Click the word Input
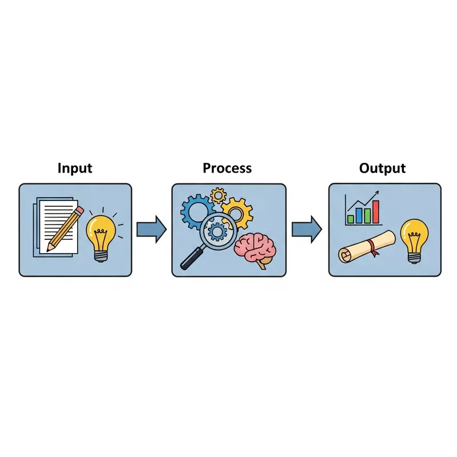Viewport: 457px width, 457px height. (x=75, y=169)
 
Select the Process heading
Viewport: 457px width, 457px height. (x=227, y=168)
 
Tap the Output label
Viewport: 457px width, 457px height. (x=382, y=169)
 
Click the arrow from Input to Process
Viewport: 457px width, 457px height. (x=151, y=230)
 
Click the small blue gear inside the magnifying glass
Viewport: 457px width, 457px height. (x=217, y=231)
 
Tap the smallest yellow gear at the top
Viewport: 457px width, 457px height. (x=218, y=195)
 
